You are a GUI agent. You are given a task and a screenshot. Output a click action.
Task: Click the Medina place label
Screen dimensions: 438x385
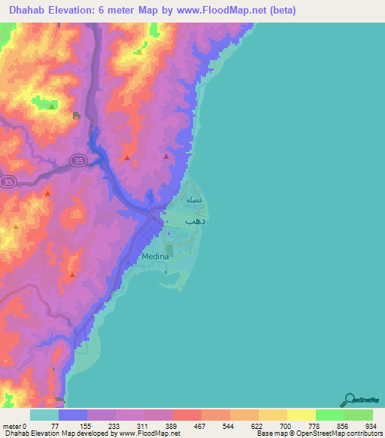click(154, 257)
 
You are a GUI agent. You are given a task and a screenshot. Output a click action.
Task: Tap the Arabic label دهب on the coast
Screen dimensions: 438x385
click(196, 222)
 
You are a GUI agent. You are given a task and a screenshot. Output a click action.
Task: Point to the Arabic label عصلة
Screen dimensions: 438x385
click(196, 200)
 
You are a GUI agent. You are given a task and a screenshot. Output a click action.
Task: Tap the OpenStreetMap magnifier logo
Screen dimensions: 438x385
click(347, 400)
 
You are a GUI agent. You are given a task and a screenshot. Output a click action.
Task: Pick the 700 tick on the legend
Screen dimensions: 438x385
click(286, 425)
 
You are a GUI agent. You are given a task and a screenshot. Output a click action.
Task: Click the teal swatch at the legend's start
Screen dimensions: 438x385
click(44, 415)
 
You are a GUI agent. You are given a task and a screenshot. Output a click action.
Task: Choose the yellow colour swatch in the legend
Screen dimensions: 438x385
click(301, 415)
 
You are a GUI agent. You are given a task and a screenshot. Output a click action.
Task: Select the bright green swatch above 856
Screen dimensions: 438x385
click(329, 415)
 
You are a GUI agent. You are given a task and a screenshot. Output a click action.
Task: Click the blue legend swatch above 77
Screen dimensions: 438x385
click(73, 415)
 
